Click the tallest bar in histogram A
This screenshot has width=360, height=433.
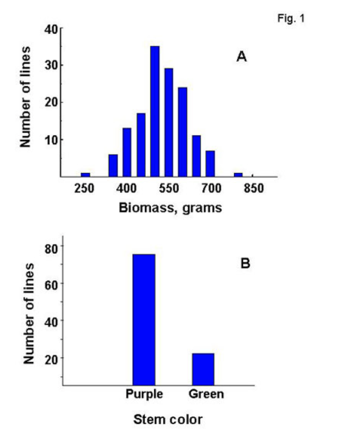tap(155, 111)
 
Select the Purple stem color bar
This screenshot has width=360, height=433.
tap(144, 319)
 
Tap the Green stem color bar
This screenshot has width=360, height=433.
tap(203, 369)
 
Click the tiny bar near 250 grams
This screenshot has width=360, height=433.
tap(85, 175)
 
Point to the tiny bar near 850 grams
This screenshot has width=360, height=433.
tap(238, 175)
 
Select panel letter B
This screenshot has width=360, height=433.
tap(245, 263)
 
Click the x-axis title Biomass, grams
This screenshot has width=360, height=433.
tap(170, 208)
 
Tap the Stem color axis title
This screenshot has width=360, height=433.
tap(168, 420)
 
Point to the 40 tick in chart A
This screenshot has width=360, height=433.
tap(51, 29)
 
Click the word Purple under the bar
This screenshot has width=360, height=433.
tap(144, 395)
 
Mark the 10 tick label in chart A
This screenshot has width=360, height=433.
tap(51, 140)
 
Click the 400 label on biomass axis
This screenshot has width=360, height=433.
tap(129, 189)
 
